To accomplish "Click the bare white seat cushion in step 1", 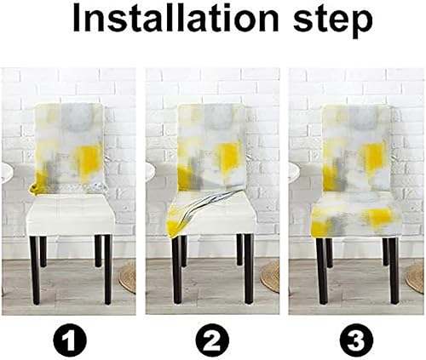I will (72, 213).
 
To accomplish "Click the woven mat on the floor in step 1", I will (128, 277).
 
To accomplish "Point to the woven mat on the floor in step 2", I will (271, 277).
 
